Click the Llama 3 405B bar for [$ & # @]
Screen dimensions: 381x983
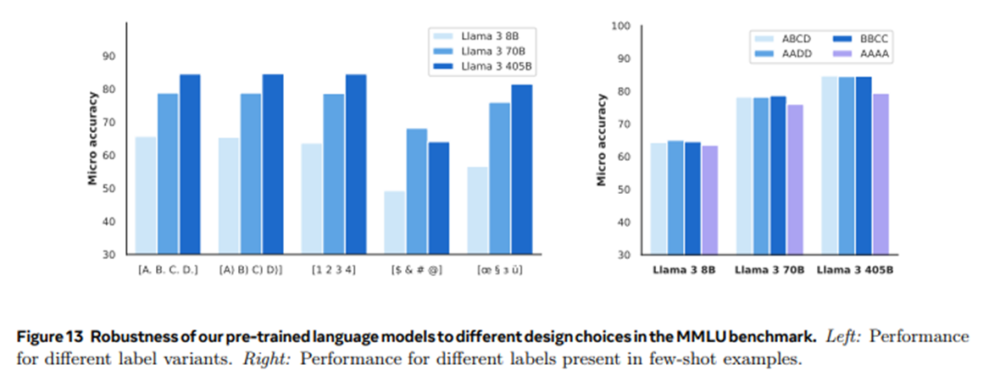[438, 198]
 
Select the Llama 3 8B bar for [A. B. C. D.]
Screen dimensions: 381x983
[146, 196]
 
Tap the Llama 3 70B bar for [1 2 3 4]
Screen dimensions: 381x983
[334, 174]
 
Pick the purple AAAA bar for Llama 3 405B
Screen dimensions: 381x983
[880, 174]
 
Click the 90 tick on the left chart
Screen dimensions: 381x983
[108, 56]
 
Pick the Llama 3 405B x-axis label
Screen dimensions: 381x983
[854, 270]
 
